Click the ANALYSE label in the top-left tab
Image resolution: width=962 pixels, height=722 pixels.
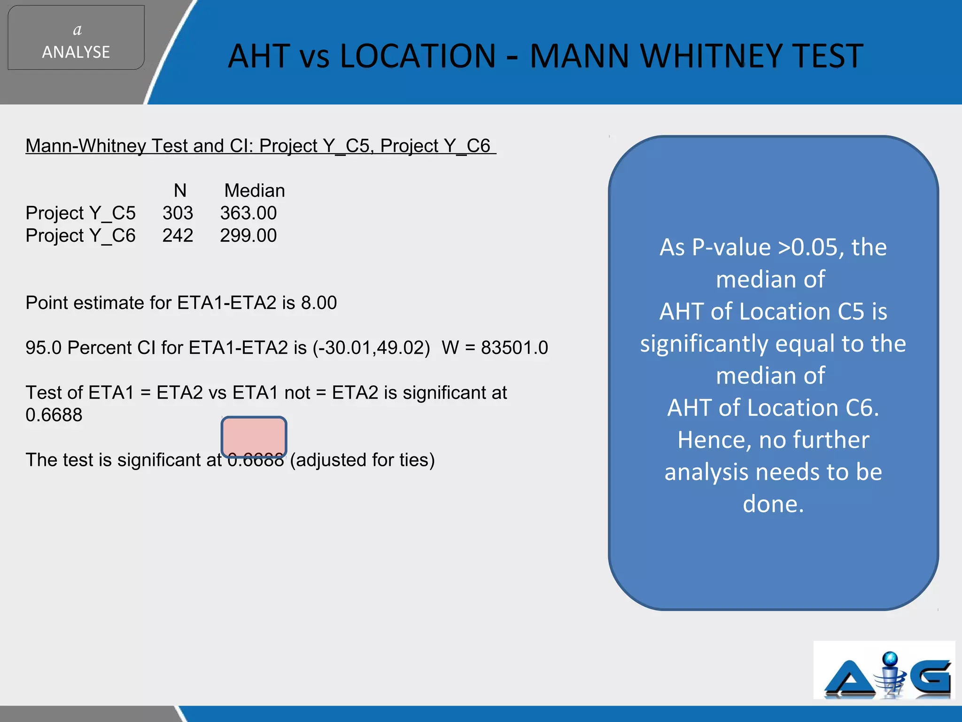tap(76, 52)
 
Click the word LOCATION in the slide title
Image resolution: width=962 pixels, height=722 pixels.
tap(418, 56)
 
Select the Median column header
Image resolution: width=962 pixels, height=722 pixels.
tap(255, 190)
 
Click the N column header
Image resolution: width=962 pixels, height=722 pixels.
tap(180, 190)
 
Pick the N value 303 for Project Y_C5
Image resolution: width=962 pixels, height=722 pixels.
tap(178, 213)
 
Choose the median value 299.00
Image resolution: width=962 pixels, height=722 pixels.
tap(248, 235)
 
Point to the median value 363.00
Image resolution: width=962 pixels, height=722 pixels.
tap(248, 213)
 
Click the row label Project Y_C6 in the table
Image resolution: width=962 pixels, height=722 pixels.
tap(80, 235)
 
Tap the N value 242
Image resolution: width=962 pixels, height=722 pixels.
tap(178, 235)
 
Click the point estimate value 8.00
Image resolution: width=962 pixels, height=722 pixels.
tap(319, 303)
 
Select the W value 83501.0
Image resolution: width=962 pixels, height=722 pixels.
tap(514, 348)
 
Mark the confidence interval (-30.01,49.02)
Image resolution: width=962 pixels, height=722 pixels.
tap(372, 348)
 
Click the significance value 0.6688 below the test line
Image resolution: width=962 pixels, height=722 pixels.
tap(54, 415)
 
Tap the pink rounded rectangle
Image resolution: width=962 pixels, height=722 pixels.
tap(254, 437)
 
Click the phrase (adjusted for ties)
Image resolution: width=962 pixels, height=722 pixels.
tap(362, 460)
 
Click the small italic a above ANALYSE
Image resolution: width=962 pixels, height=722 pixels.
tap(78, 30)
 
